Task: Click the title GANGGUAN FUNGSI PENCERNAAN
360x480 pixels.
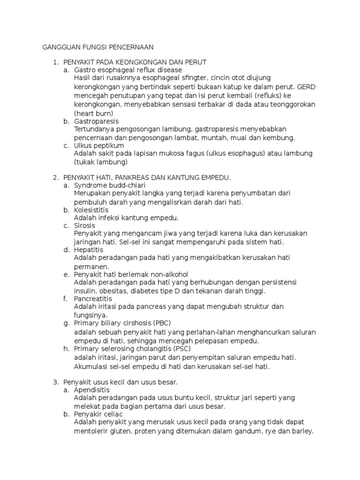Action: [x=98, y=47]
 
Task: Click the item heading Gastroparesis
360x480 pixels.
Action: [x=96, y=121]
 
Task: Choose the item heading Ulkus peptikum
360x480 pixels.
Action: [x=99, y=146]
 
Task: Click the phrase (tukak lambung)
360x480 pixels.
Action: [x=101, y=162]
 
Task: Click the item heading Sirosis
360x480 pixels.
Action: [x=84, y=225]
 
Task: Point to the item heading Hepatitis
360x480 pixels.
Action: [x=89, y=250]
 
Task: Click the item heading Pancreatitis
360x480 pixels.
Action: [x=93, y=299]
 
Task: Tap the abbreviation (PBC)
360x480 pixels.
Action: [x=161, y=323]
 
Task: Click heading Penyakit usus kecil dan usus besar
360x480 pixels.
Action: [x=120, y=382]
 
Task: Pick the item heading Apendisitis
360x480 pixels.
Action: [x=92, y=390]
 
